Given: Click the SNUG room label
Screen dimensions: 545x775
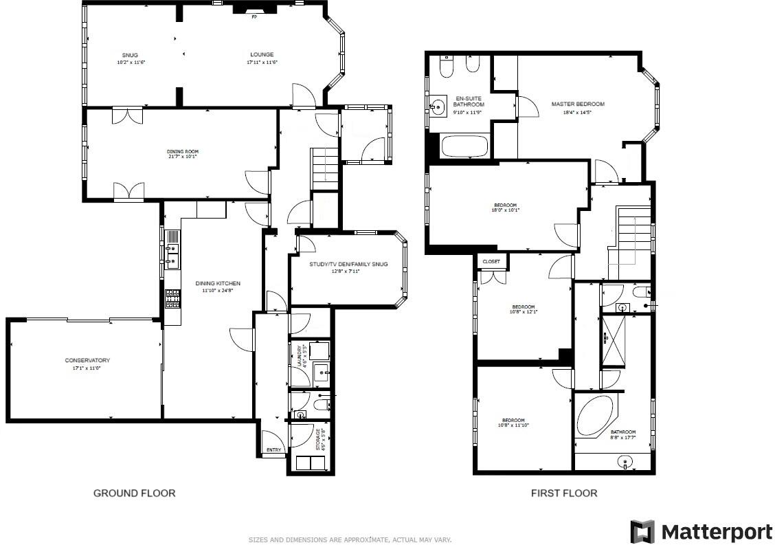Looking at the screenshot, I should (130, 55).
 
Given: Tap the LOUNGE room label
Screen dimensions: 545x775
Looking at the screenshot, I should (261, 55).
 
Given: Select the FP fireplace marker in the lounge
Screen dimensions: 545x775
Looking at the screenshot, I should (254, 16).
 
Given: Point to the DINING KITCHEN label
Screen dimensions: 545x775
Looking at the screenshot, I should (218, 283).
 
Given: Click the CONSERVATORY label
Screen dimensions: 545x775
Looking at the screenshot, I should (87, 361).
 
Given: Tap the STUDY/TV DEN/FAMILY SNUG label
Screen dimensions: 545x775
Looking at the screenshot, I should (349, 264).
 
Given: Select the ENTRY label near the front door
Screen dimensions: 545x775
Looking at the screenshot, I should (274, 451).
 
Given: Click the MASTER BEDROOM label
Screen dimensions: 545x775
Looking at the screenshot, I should (578, 104).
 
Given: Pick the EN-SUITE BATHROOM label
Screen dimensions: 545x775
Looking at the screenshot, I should (468, 101).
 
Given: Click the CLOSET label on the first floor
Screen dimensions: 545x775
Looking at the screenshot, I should (491, 262).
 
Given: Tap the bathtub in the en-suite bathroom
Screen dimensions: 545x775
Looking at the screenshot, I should (464, 146).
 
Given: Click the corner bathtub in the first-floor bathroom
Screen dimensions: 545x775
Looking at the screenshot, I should (595, 414).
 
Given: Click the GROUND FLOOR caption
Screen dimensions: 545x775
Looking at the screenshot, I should (134, 493).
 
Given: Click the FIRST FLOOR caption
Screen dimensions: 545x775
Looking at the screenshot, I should (564, 493).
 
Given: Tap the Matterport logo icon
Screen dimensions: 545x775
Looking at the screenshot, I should (642, 532).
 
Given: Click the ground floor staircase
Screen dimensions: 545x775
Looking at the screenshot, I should (324, 168).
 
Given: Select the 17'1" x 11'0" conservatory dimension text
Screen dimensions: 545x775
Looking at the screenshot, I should (87, 368).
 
